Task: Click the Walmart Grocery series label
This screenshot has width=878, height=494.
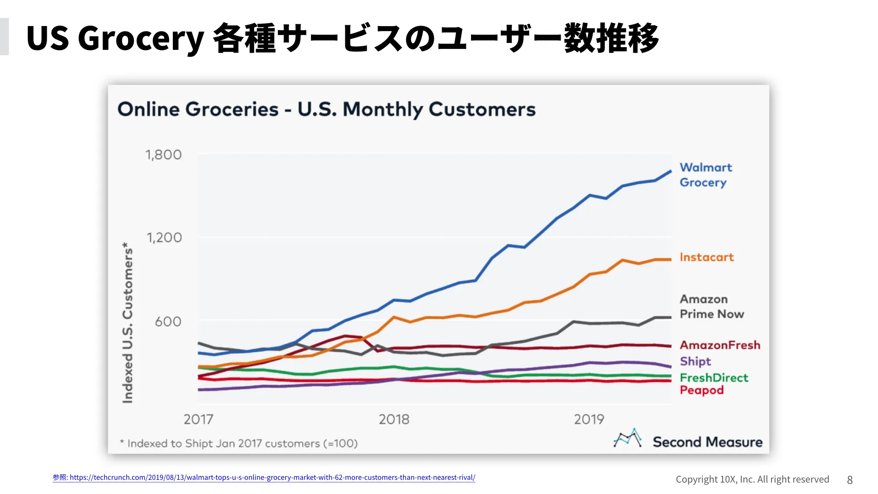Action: [705, 175]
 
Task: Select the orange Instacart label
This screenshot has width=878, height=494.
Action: [707, 258]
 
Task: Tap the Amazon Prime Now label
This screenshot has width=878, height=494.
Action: [712, 306]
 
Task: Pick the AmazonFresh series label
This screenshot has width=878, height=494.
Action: [720, 345]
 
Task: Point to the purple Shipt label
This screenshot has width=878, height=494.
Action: [695, 361]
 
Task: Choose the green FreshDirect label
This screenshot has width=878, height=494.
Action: [714, 378]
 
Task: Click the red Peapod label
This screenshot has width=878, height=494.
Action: [701, 390]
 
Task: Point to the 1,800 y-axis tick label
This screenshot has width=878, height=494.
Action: [163, 155]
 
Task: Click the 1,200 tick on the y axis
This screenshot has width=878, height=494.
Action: [164, 238]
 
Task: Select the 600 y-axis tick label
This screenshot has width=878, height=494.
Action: [168, 322]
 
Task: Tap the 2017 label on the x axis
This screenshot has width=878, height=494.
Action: [198, 419]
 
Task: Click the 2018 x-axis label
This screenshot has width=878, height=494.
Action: [394, 419]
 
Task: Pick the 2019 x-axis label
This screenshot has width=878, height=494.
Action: [589, 419]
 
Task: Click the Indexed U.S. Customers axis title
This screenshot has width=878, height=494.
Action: [128, 322]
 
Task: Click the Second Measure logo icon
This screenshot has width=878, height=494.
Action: [627, 438]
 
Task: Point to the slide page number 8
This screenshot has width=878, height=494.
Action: [850, 480]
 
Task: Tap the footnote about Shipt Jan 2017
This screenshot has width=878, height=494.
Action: [239, 444]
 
